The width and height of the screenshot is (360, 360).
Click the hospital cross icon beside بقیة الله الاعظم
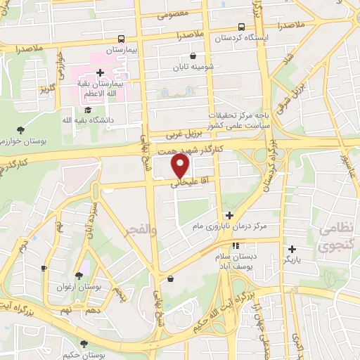(101, 72)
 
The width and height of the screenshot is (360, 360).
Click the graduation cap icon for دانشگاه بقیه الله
(88, 110)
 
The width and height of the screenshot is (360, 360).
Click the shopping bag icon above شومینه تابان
(193, 56)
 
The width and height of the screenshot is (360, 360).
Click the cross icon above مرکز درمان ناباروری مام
(229, 216)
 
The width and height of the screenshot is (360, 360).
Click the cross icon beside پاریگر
(292, 248)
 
